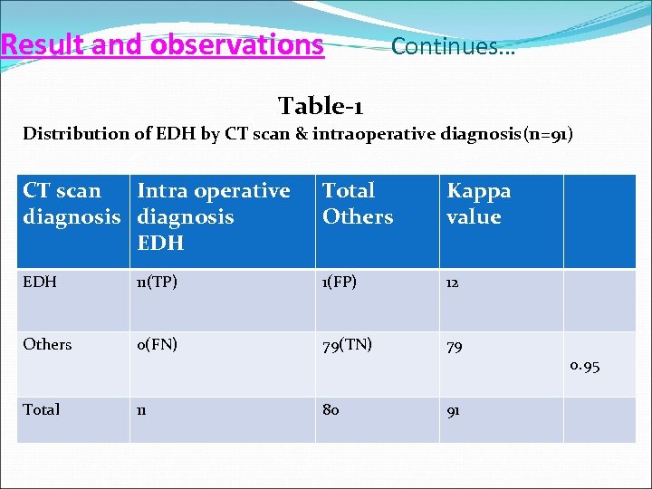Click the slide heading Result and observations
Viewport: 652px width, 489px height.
(x=163, y=44)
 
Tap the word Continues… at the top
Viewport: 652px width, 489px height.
(x=453, y=46)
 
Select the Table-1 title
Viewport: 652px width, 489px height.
(x=321, y=106)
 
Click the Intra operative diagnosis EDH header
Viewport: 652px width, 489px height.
(x=214, y=216)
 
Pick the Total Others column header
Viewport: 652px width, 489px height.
(x=358, y=204)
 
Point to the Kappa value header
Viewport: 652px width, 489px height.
(x=478, y=204)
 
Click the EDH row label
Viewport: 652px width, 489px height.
(x=40, y=283)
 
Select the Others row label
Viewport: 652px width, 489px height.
(x=47, y=344)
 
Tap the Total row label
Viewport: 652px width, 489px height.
(x=42, y=409)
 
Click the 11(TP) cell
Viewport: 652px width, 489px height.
(x=157, y=283)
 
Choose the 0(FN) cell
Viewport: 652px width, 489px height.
(x=157, y=344)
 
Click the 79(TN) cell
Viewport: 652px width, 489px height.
(x=347, y=344)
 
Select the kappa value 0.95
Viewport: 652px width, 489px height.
(x=584, y=367)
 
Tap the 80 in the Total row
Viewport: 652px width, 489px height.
(x=331, y=409)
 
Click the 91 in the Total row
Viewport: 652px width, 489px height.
(x=454, y=410)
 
